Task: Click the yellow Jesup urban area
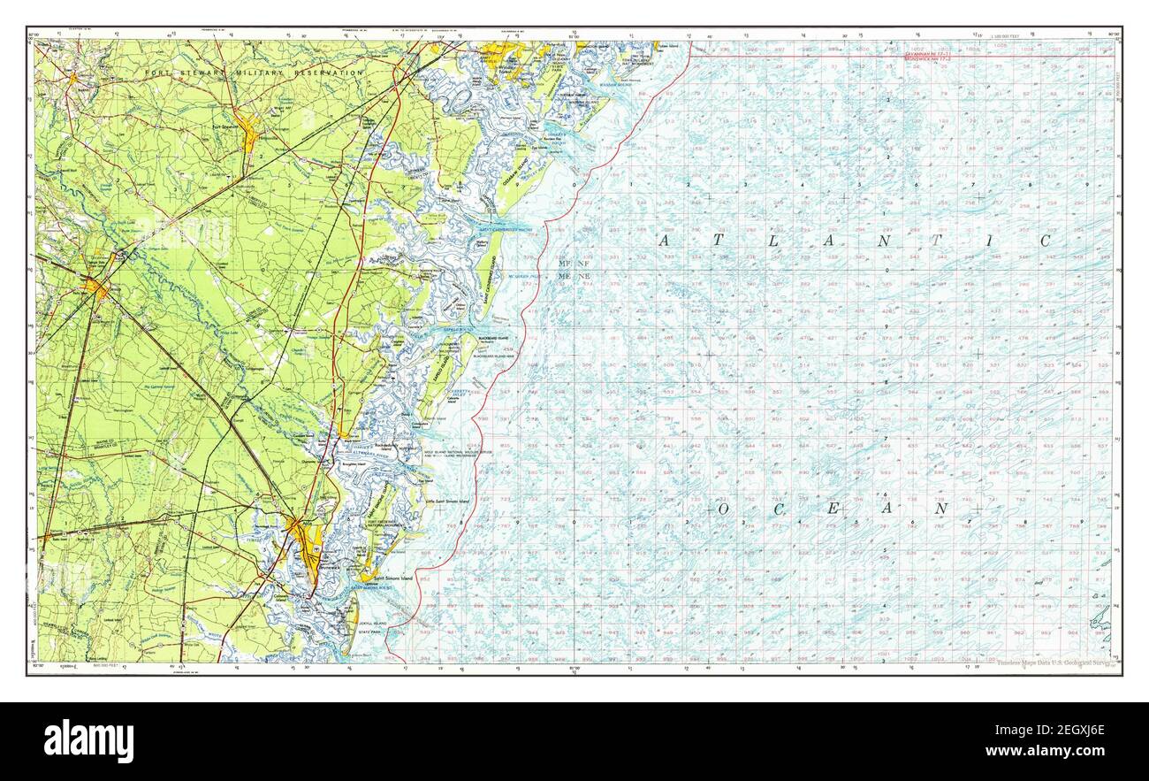[97, 287]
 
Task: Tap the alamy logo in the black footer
[88, 740]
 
